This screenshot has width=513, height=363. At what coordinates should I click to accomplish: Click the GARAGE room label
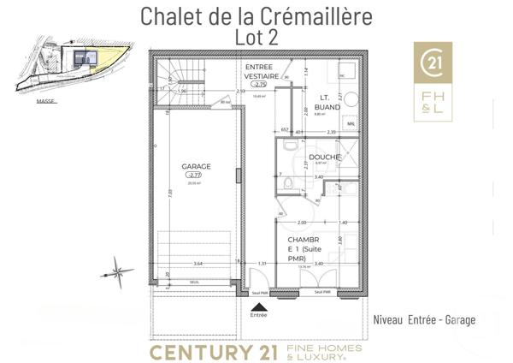tap(196, 167)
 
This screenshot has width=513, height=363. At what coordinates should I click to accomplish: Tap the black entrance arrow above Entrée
tap(258, 304)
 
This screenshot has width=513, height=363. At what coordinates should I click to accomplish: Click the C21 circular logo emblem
tap(434, 62)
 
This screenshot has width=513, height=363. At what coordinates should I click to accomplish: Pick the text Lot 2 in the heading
tap(256, 37)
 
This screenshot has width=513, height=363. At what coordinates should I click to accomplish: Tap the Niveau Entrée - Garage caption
tap(424, 319)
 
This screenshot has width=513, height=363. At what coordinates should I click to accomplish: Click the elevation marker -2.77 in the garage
tap(196, 176)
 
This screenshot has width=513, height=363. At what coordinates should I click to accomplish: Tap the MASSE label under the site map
tap(45, 100)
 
